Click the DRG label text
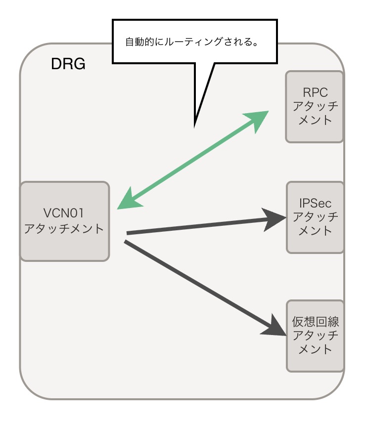[x=68, y=64]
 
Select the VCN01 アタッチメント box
[x=64, y=221]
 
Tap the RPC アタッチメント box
[x=315, y=106]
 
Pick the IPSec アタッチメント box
[x=315, y=217]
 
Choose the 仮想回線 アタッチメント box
[x=315, y=336]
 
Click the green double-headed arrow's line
[x=193, y=160]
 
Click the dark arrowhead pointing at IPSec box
[x=274, y=219]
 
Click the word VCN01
[x=64, y=213]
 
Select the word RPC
[x=315, y=92]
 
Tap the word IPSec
[x=315, y=203]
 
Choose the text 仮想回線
[x=315, y=322]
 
